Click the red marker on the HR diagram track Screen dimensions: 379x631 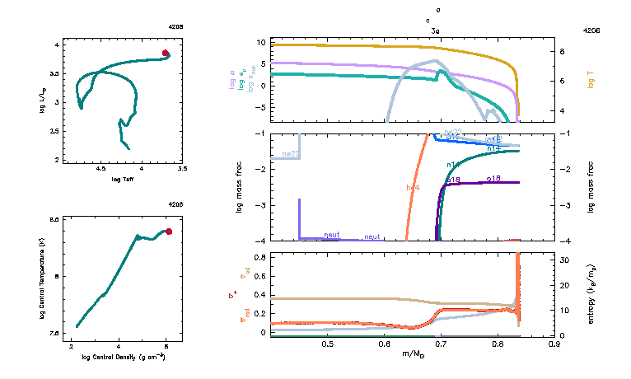pyautogui.click(x=166, y=54)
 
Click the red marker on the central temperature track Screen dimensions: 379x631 pyautogui.click(x=169, y=232)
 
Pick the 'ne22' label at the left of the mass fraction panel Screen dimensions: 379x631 pyautogui.click(x=290, y=153)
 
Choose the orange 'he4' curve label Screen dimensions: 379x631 pyautogui.click(x=414, y=187)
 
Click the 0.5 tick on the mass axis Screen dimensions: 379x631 pyautogui.click(x=327, y=344)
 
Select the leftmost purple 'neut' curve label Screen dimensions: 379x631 pyautogui.click(x=332, y=235)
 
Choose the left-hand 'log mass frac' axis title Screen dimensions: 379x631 pyautogui.click(x=240, y=187)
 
